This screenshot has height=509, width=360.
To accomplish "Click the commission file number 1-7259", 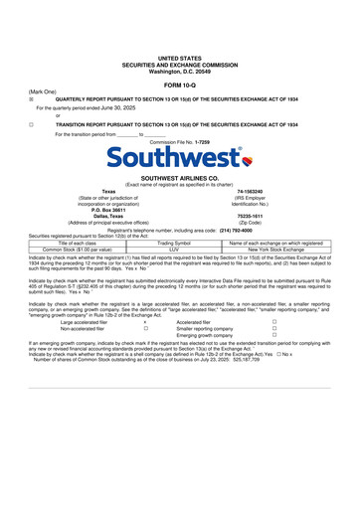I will click(x=203, y=143).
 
